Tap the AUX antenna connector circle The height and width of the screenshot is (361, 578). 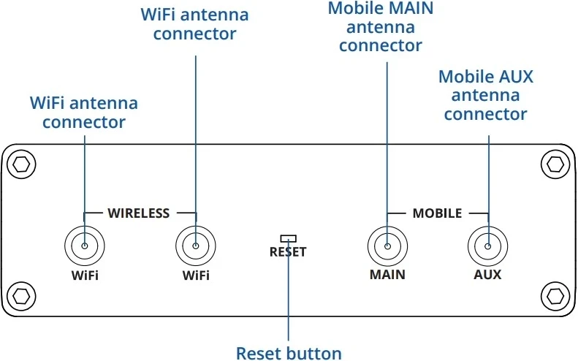pyautogui.click(x=488, y=246)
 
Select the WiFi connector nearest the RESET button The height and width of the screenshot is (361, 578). pyautogui.click(x=196, y=246)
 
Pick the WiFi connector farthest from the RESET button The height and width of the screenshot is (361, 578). pyautogui.click(x=85, y=246)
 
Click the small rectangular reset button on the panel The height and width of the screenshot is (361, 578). pyautogui.click(x=289, y=238)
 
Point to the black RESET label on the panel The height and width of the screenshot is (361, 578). pyautogui.click(x=288, y=252)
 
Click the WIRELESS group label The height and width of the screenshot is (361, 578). pyautogui.click(x=139, y=213)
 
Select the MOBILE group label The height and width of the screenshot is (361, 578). pyautogui.click(x=437, y=213)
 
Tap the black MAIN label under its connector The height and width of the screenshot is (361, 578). pyautogui.click(x=387, y=275)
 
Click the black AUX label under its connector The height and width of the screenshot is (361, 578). pyautogui.click(x=488, y=275)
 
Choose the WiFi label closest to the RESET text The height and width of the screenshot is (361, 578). pyautogui.click(x=196, y=275)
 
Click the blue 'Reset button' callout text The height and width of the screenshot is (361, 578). pyautogui.click(x=289, y=354)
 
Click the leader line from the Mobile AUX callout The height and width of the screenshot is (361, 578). pyautogui.click(x=488, y=168)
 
